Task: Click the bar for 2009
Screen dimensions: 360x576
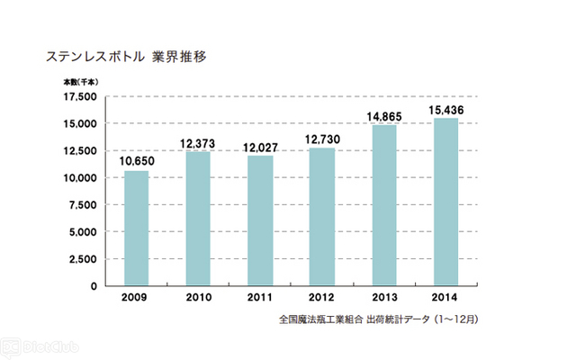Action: click(136, 228)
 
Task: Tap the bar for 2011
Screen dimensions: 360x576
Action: click(260, 220)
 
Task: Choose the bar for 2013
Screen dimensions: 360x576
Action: click(384, 205)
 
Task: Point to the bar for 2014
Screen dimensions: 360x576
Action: click(445, 202)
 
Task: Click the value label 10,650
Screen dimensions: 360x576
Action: click(136, 160)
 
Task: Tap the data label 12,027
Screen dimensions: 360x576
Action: click(260, 146)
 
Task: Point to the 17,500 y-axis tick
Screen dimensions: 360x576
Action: click(78, 96)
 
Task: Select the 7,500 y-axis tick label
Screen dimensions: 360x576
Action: click(81, 204)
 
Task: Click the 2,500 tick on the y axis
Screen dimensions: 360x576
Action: click(81, 258)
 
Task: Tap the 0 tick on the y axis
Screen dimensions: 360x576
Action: click(94, 286)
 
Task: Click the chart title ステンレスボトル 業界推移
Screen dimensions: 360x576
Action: click(127, 56)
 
